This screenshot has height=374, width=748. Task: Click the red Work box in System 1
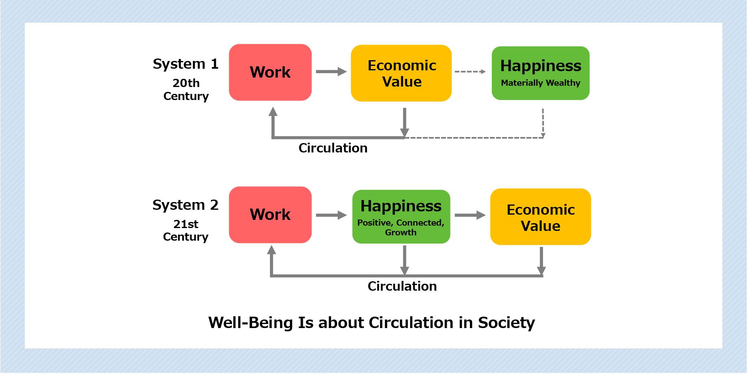pyautogui.click(x=270, y=72)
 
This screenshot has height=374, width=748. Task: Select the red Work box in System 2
pyautogui.click(x=270, y=215)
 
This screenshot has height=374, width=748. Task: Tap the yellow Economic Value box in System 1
pyautogui.click(x=401, y=73)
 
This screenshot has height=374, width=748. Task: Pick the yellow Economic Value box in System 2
pyautogui.click(x=540, y=217)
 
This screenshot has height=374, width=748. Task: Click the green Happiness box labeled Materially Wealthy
pyautogui.click(x=540, y=73)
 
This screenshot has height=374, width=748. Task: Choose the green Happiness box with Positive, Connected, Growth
pyautogui.click(x=401, y=217)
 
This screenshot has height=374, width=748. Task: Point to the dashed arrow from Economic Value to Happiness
pyautogui.click(x=470, y=72)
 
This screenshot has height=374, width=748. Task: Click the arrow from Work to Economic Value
pyautogui.click(x=331, y=72)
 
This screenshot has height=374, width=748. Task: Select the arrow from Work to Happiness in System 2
pyautogui.click(x=331, y=215)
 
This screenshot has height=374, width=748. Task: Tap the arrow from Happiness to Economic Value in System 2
pyautogui.click(x=470, y=215)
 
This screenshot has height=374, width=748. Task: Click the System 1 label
pyautogui.click(x=185, y=64)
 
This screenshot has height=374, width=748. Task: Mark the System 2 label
pyautogui.click(x=185, y=205)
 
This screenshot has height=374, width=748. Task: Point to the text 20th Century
pyautogui.click(x=186, y=89)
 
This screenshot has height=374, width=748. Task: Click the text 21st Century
pyautogui.click(x=186, y=230)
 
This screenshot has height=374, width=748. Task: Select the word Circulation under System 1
pyautogui.click(x=333, y=148)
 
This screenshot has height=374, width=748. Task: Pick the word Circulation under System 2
pyautogui.click(x=402, y=286)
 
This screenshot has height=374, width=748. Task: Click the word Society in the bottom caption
pyautogui.click(x=506, y=323)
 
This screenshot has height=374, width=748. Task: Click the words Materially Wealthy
pyautogui.click(x=540, y=83)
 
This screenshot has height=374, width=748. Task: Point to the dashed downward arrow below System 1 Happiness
pyautogui.click(x=543, y=123)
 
